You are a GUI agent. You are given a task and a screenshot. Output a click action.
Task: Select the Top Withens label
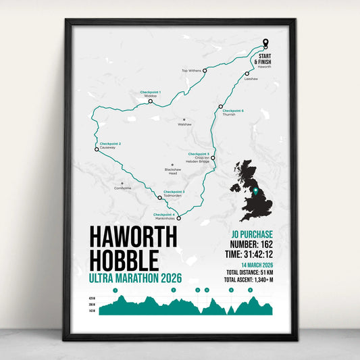192,70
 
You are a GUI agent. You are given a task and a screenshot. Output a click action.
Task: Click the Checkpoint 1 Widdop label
150,93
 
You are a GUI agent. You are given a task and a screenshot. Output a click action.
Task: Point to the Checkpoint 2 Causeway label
110,145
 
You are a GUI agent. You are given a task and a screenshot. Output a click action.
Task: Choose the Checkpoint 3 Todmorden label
174,193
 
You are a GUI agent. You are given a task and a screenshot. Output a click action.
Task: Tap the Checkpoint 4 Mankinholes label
165,216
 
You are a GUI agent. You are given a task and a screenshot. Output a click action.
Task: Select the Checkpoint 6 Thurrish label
233,112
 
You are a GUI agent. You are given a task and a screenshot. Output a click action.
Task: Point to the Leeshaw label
251,79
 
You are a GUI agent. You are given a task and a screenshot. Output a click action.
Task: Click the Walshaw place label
184,124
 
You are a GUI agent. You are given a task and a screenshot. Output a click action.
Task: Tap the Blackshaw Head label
172,171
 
